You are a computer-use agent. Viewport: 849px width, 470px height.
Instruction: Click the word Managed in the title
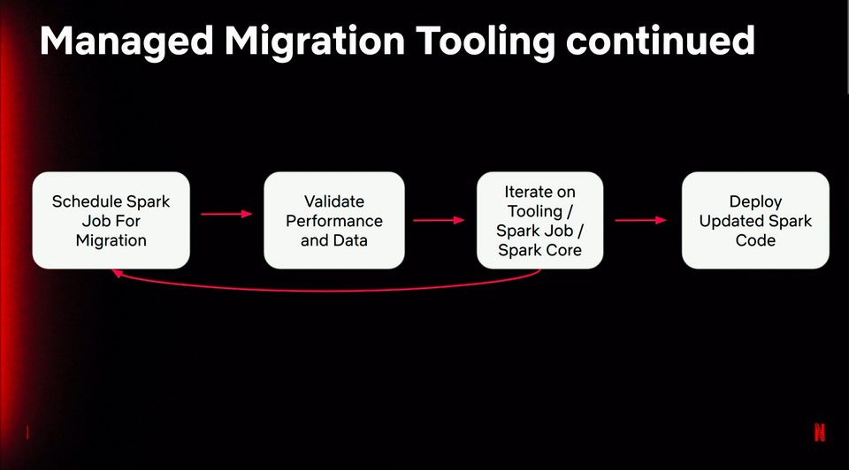tap(126, 42)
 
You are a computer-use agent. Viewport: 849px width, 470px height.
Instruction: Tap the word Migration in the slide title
tap(315, 41)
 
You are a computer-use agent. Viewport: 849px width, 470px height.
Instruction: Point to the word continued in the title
tap(660, 41)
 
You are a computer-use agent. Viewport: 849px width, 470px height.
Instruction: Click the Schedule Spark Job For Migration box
tap(111, 220)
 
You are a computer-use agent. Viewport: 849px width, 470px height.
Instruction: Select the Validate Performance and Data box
tap(334, 220)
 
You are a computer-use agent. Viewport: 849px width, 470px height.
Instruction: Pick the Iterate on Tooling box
tap(539, 220)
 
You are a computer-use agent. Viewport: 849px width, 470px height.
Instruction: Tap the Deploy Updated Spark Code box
tap(755, 220)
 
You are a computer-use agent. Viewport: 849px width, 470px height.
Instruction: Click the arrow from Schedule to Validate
tap(226, 214)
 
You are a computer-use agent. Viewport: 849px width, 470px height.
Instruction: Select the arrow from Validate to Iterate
tap(439, 220)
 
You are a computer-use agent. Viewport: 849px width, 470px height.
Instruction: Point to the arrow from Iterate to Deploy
tap(640, 220)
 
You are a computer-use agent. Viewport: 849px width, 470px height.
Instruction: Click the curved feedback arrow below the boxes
tap(325, 291)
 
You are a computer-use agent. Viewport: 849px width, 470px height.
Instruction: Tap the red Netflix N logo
tap(820, 432)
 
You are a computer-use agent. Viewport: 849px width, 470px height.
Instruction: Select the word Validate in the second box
tap(334, 201)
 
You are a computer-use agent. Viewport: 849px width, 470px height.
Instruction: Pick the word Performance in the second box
tap(334, 221)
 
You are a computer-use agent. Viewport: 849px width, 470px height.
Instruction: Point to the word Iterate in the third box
tap(524, 192)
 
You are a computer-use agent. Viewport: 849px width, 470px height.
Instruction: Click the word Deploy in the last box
tap(755, 202)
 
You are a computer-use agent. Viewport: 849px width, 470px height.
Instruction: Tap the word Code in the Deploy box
tap(755, 240)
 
